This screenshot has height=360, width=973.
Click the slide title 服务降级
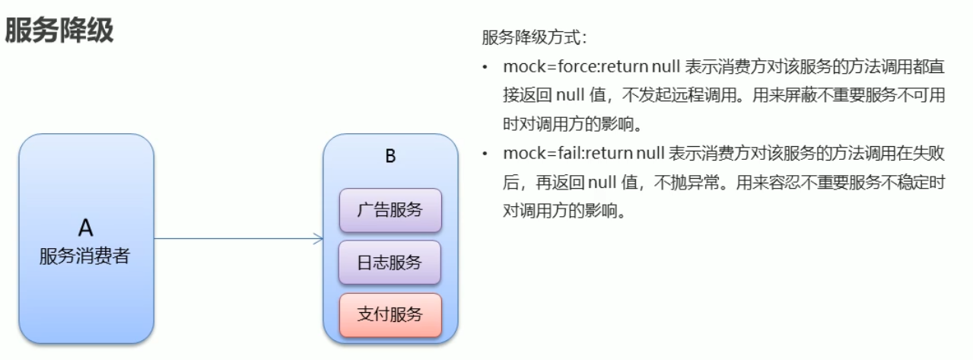click(59, 31)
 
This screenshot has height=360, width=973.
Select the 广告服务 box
click(390, 209)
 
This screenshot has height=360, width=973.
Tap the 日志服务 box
click(390, 262)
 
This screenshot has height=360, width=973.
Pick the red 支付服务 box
click(390, 314)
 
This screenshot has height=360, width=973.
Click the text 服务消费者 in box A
click(85, 256)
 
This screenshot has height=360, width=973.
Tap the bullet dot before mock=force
click(485, 68)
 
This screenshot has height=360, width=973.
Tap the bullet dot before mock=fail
click(485, 155)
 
